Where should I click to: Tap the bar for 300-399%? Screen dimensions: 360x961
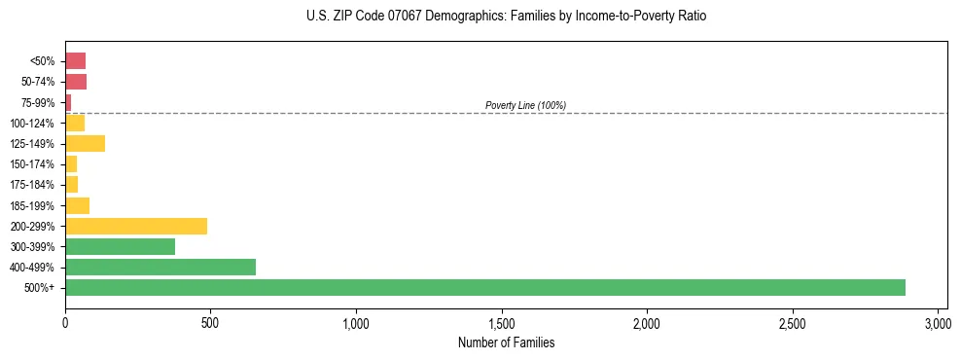click(120, 246)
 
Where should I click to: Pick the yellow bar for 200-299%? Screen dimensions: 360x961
click(136, 226)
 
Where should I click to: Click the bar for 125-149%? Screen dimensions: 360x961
click(85, 143)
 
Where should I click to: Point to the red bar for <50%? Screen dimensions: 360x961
click(75, 60)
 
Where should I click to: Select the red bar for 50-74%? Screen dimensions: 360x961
click(76, 81)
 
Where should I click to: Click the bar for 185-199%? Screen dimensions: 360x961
click(77, 205)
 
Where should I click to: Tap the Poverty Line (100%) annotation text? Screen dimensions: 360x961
click(525, 105)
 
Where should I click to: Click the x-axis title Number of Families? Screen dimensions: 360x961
click(506, 342)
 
